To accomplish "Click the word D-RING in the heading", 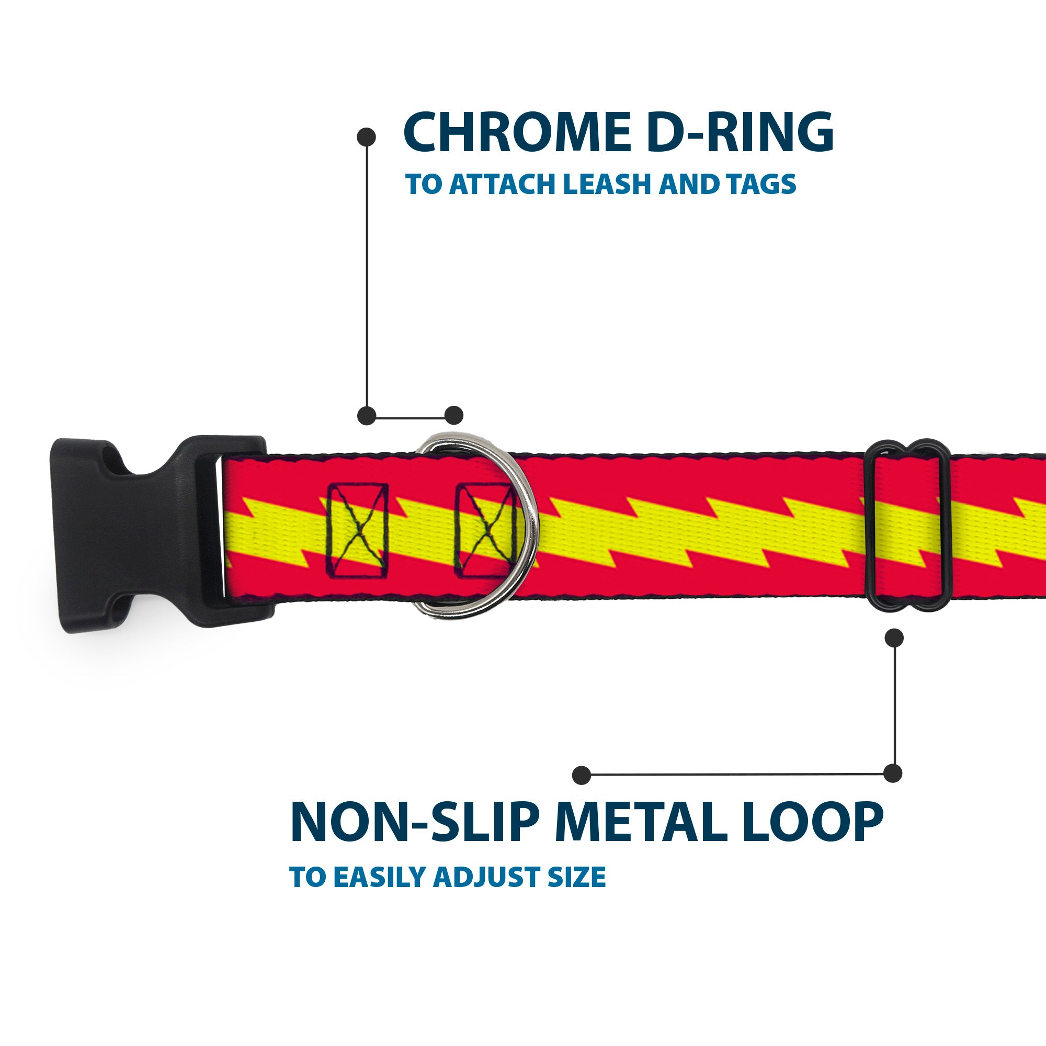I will click(740, 133).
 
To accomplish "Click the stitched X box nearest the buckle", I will click(358, 529).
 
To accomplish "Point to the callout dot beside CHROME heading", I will click(367, 137).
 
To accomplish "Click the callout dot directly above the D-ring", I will click(453, 415).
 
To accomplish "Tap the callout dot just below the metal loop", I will click(894, 638).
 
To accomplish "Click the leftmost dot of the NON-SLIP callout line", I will click(582, 775).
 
